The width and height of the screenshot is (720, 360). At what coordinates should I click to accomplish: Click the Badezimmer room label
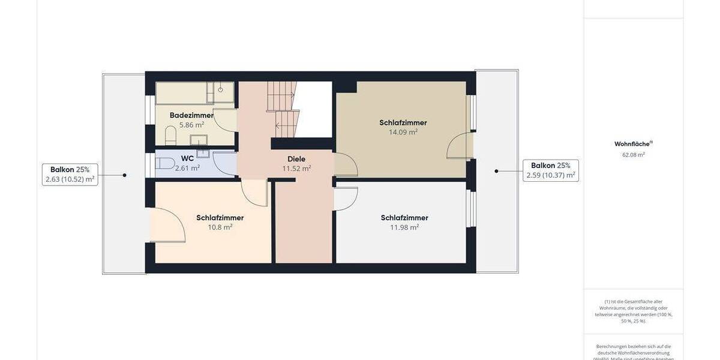point(191,115)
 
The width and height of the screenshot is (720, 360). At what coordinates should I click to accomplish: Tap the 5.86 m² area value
point(191,125)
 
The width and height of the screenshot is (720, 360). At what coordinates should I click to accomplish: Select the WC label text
point(187,158)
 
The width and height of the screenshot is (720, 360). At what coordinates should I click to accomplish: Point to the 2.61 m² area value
point(187,168)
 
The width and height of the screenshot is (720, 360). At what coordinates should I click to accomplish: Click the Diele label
point(296,159)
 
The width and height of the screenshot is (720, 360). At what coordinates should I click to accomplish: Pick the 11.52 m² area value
point(296,169)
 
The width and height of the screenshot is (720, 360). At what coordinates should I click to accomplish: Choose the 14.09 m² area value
point(403,132)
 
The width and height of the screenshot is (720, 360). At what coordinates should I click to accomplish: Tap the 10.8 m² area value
point(220,227)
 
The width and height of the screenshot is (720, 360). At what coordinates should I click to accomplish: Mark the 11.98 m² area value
point(404,227)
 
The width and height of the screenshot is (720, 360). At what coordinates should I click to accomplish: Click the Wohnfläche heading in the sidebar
point(633,144)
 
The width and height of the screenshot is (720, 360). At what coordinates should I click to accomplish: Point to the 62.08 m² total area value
point(633,155)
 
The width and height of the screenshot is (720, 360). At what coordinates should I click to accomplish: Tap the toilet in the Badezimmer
point(170,134)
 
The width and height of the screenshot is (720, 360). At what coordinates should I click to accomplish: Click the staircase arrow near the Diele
point(279,125)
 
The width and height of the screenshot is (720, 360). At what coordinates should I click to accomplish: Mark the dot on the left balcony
point(125,175)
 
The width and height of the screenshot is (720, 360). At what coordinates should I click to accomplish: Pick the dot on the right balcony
point(496,171)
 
